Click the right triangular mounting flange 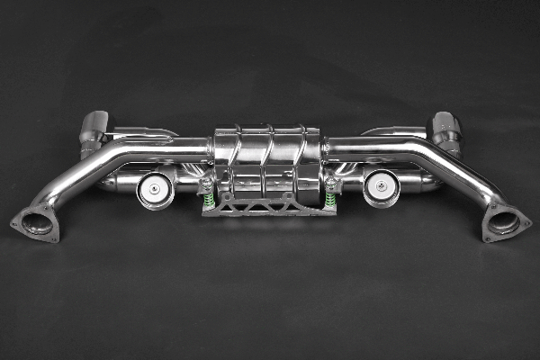[x=505, y=223]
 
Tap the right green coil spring [x=330, y=200]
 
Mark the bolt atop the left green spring [x=206, y=184]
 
